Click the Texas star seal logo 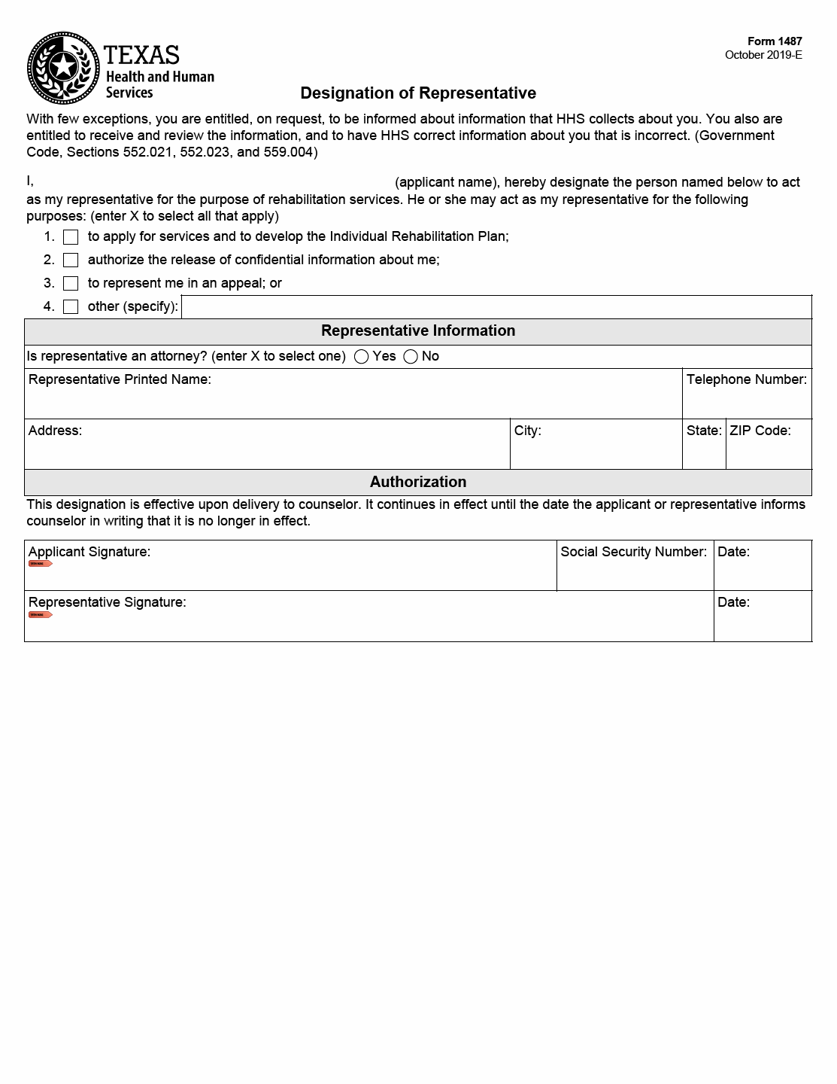pyautogui.click(x=63, y=68)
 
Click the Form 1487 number pyautogui.click(x=775, y=41)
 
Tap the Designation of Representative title pyautogui.click(x=418, y=93)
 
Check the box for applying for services pyautogui.click(x=71, y=237)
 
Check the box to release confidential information pyautogui.click(x=71, y=260)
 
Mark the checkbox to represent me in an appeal pyautogui.click(x=71, y=284)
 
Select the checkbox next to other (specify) pyautogui.click(x=71, y=307)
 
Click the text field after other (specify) pyautogui.click(x=496, y=307)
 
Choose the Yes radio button pyautogui.click(x=362, y=357)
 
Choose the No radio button pyautogui.click(x=411, y=357)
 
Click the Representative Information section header pyautogui.click(x=418, y=331)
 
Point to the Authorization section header pyautogui.click(x=418, y=482)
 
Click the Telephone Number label pyautogui.click(x=746, y=379)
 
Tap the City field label pyautogui.click(x=528, y=431)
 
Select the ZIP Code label pyautogui.click(x=760, y=431)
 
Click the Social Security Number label pyautogui.click(x=633, y=552)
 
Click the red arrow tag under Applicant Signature pyautogui.click(x=40, y=564)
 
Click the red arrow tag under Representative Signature pyautogui.click(x=40, y=615)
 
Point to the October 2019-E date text pyautogui.click(x=763, y=55)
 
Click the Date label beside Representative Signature pyautogui.click(x=733, y=602)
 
